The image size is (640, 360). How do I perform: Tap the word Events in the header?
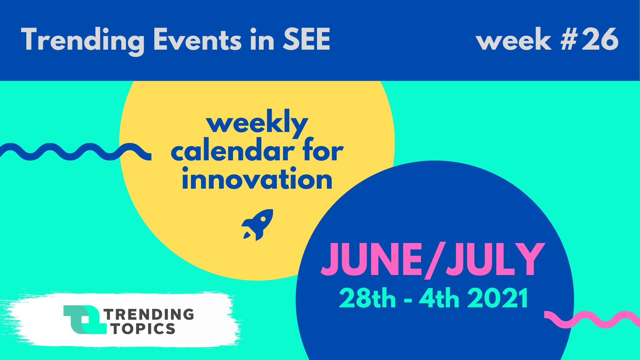pos(197,39)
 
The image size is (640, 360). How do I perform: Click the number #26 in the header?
pos(589,39)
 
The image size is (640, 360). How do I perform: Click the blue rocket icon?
pos(257,225)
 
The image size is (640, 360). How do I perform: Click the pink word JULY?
pos(495,259)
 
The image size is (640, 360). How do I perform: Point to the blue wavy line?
pos(76,152)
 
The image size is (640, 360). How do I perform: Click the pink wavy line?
pos(592,319)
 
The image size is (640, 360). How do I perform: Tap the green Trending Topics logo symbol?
pos(85,320)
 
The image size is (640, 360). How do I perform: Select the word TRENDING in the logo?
pos(149,314)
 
